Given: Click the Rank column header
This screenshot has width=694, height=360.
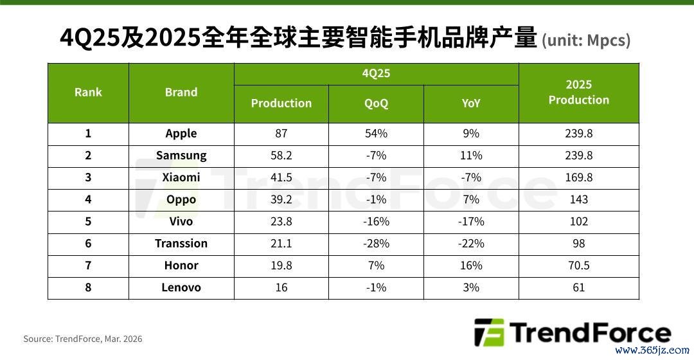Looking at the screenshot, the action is (x=88, y=92).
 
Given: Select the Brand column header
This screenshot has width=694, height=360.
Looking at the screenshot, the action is (x=181, y=92).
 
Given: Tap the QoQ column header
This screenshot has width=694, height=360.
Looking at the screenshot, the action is (x=376, y=103).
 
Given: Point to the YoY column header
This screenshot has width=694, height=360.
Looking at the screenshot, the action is (x=470, y=103).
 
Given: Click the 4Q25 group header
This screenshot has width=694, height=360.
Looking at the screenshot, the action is (x=376, y=73).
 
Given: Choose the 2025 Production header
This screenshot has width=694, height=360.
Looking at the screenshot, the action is (x=578, y=92).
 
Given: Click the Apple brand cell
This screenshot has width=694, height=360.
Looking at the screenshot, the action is (x=181, y=133).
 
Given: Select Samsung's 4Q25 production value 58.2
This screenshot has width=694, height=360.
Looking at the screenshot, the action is (x=281, y=156).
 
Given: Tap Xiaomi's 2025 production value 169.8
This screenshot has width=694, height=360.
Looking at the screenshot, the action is (x=578, y=177).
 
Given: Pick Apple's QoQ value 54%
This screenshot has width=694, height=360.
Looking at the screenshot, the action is (x=376, y=133).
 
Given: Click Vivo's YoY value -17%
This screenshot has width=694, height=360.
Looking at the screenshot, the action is (x=471, y=221).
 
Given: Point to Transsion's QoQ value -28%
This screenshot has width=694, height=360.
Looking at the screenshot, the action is (x=376, y=244).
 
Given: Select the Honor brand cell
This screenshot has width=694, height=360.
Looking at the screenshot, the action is (x=181, y=265).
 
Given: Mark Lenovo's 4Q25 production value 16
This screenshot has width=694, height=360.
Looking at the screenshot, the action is (x=281, y=287).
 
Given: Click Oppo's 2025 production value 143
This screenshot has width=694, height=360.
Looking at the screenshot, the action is (x=578, y=199).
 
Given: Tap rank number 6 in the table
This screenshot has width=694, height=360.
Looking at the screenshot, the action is (x=88, y=244).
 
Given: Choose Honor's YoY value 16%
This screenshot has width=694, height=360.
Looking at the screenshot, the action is (x=471, y=265).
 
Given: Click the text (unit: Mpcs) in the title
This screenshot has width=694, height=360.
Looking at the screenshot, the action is (x=586, y=40).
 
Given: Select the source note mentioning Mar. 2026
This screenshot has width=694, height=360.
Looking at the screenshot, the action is (x=83, y=339).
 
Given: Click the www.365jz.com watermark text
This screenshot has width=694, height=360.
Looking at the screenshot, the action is (x=652, y=350).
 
